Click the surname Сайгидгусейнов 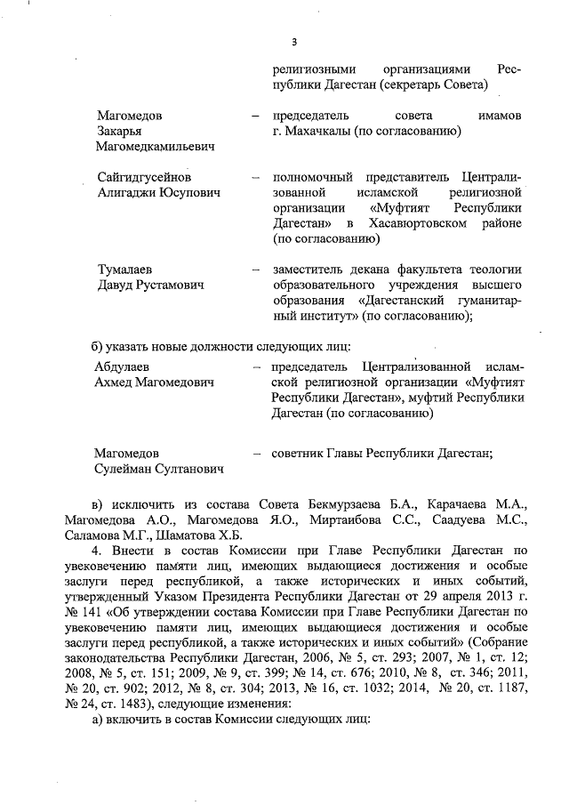144,177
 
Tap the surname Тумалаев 127,270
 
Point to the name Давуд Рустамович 151,285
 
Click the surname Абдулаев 124,367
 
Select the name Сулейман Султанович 159,468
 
